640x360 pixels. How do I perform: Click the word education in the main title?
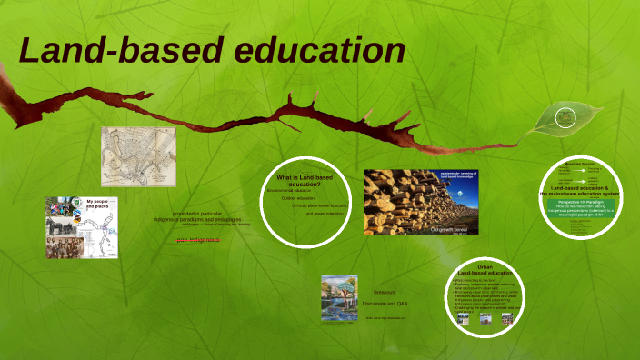[321, 51]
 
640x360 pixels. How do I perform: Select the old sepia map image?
[138, 155]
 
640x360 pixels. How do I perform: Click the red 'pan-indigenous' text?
[198, 240]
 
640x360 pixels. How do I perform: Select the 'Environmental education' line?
[290, 190]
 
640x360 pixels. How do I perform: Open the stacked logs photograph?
[420, 203]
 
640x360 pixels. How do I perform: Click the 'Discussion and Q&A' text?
[385, 303]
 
